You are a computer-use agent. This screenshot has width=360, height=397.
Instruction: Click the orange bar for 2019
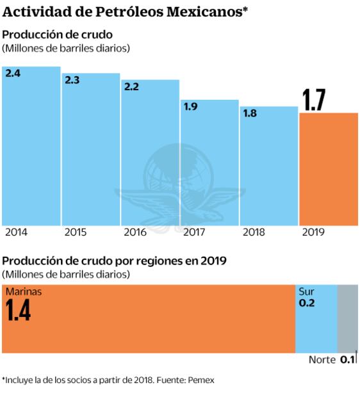[329, 169]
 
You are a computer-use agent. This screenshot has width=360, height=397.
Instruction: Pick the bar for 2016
[150, 154]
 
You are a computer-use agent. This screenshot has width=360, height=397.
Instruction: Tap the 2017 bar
[209, 163]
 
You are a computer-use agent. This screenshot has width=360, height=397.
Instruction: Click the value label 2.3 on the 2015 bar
[72, 80]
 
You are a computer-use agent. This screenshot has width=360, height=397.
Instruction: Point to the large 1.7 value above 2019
[314, 101]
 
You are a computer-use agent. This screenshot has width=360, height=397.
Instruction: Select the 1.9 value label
[190, 107]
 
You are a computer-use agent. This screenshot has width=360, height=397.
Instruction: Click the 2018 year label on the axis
[254, 232]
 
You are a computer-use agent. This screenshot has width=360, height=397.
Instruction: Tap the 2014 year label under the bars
[16, 232]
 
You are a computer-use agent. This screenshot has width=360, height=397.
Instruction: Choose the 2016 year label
[135, 232]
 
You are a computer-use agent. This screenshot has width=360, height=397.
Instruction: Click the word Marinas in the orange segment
[23, 292]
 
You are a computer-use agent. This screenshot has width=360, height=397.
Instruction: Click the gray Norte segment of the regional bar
[347, 318]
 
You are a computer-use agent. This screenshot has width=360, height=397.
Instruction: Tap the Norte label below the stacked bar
[322, 360]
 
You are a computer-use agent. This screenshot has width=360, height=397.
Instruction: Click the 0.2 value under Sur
[307, 304]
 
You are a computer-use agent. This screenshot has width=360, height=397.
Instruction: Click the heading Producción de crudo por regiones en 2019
[114, 261]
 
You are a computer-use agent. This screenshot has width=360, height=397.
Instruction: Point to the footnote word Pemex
[201, 380]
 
